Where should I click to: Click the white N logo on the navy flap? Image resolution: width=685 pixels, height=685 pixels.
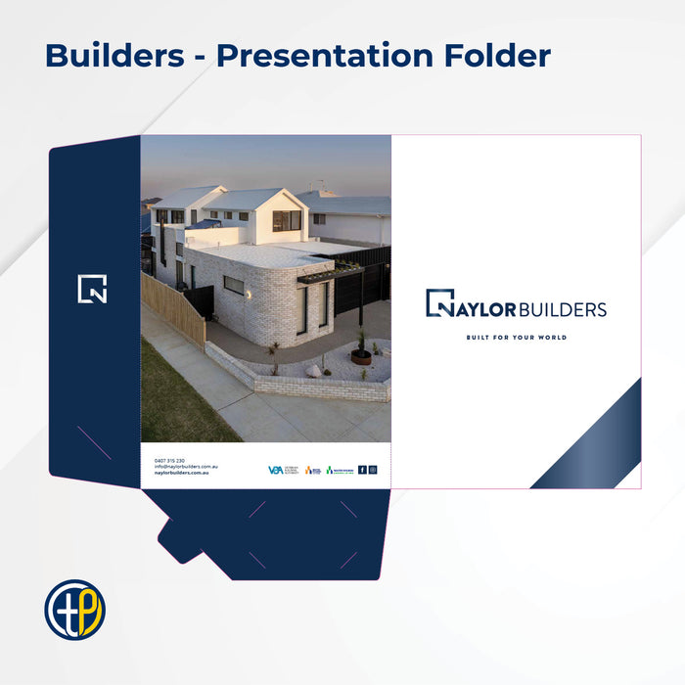(x=92, y=289)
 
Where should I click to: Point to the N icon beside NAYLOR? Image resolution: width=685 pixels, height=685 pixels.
(x=440, y=303)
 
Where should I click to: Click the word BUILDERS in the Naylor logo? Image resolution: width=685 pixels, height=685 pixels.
(x=562, y=310)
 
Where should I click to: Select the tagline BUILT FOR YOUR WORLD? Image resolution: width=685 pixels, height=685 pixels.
(x=516, y=338)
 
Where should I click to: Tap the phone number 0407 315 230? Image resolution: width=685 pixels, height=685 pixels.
(x=169, y=460)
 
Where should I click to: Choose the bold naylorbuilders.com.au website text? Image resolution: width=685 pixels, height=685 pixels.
(x=181, y=474)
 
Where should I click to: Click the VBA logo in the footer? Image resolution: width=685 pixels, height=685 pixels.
(x=276, y=471)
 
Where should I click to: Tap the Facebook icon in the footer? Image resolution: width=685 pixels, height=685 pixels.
(x=362, y=470)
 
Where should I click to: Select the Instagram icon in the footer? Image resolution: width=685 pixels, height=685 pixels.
(x=373, y=470)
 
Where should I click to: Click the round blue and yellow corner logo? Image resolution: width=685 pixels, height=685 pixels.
(x=74, y=610)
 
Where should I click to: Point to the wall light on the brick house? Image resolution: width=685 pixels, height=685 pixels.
(x=249, y=295)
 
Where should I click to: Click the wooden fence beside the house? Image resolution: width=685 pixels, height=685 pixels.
(x=174, y=309)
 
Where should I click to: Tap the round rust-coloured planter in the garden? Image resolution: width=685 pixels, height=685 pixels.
(x=361, y=357)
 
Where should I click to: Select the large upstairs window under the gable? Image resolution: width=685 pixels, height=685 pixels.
(x=287, y=220)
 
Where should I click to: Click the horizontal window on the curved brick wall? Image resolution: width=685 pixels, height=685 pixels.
(x=234, y=286)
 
